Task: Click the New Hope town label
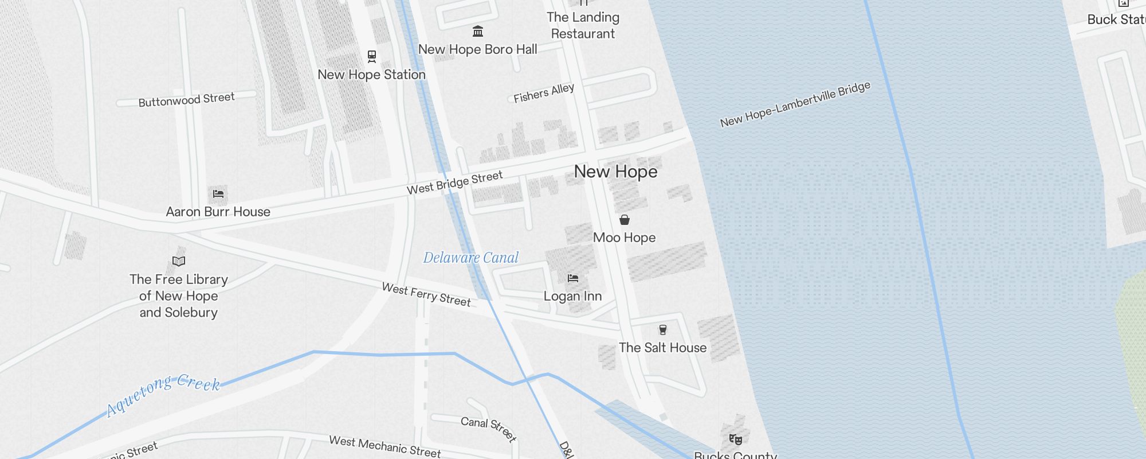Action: point(615,172)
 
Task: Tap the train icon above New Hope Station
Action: point(372,56)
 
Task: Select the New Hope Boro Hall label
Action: point(477,49)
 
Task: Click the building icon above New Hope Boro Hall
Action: point(477,31)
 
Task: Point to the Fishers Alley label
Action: point(543,93)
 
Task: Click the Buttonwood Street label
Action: point(186,100)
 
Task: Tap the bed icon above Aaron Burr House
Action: point(218,194)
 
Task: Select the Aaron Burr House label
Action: point(218,212)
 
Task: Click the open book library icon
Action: point(179,262)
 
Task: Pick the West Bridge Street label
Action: point(454,182)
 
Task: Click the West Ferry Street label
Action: point(426,294)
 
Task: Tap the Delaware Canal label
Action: point(470,258)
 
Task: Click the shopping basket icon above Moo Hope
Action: point(625,220)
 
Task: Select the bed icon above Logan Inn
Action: point(573,278)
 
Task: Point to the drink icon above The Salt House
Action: point(663,329)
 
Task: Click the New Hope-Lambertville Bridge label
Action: point(795,104)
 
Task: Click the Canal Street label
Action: point(488,429)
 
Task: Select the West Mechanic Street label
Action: point(384,446)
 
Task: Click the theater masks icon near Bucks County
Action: point(736,439)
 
